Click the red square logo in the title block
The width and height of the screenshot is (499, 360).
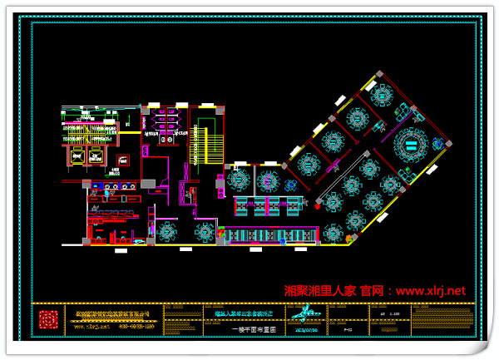(51, 319)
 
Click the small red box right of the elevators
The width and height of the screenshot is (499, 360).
(123, 160)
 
